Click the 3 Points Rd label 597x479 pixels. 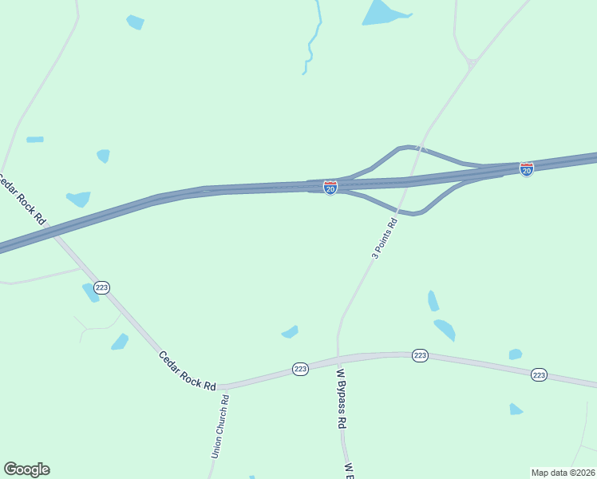pyautogui.click(x=385, y=238)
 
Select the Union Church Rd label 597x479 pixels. pyautogui.click(x=219, y=427)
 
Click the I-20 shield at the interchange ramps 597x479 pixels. pyautogui.click(x=330, y=187)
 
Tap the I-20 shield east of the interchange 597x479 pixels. pyautogui.click(x=526, y=169)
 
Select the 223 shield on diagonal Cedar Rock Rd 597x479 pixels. pyautogui.click(x=101, y=287)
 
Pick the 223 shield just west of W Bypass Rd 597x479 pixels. pyautogui.click(x=300, y=369)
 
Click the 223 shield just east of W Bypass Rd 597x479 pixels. pyautogui.click(x=421, y=355)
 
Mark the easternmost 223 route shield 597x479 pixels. pyautogui.click(x=539, y=374)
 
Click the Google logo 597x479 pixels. pyautogui.click(x=27, y=469)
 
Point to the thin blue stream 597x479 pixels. pyautogui.click(x=312, y=44)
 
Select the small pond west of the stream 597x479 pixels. pyautogui.click(x=136, y=22)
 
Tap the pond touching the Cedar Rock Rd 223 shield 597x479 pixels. pyautogui.click(x=89, y=293)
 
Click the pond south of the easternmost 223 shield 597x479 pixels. pyautogui.click(x=516, y=410)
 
